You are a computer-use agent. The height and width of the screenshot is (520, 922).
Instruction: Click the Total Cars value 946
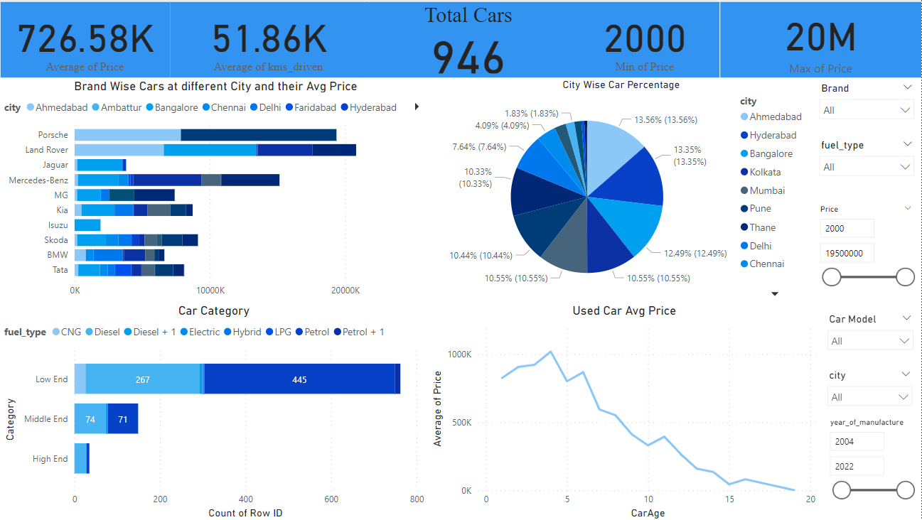pyautogui.click(x=468, y=58)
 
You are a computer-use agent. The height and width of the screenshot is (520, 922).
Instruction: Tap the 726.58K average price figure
pyautogui.click(x=85, y=39)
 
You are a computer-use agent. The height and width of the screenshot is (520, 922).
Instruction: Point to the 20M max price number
pyautogui.click(x=820, y=38)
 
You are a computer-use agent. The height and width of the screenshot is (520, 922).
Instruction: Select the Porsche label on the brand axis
pyautogui.click(x=53, y=135)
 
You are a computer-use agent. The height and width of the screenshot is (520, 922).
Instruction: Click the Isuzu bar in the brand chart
pyautogui.click(x=87, y=225)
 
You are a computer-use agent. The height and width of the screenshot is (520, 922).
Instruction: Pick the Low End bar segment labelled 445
pyautogui.click(x=299, y=379)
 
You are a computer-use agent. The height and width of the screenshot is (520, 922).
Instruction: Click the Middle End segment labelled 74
pyautogui.click(x=90, y=419)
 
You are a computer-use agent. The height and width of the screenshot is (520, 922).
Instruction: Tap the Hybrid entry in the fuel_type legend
pyautogui.click(x=247, y=332)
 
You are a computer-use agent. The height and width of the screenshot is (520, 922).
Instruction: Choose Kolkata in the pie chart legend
pyautogui.click(x=765, y=172)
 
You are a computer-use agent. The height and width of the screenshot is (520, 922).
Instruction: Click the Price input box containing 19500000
pyautogui.click(x=847, y=253)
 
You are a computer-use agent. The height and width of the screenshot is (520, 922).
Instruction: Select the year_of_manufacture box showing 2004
pyautogui.click(x=856, y=441)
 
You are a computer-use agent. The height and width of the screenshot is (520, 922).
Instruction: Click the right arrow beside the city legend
pyautogui.click(x=417, y=107)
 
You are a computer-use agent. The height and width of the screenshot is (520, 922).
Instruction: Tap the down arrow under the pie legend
pyautogui.click(x=775, y=293)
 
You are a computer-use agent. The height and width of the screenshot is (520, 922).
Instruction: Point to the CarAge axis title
pyautogui.click(x=648, y=513)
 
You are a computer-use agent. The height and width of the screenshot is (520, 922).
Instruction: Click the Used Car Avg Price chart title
pyautogui.click(x=623, y=310)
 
